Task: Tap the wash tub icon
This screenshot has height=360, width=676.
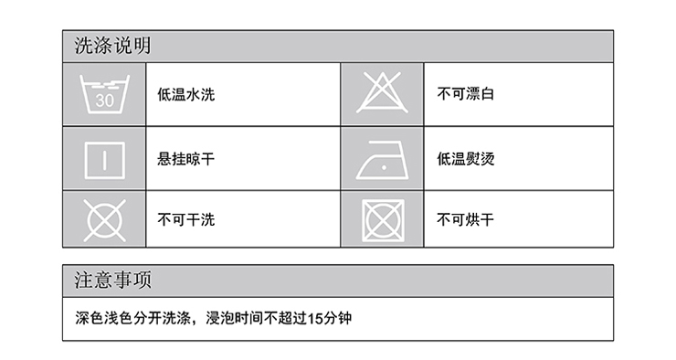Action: coord(104,93)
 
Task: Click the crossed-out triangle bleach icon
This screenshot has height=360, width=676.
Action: coord(384,93)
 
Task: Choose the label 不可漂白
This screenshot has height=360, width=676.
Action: coord(466,94)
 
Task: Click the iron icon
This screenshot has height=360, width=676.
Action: coord(384,159)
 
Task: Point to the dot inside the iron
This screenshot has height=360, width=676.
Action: coord(387,165)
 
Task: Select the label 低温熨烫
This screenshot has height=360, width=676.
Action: coord(466,158)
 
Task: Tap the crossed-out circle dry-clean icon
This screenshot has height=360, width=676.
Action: coord(104,219)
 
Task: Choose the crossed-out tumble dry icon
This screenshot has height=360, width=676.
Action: coord(384,219)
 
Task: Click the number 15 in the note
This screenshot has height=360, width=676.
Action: coord(315,318)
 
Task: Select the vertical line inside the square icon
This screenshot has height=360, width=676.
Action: coord(104,158)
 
